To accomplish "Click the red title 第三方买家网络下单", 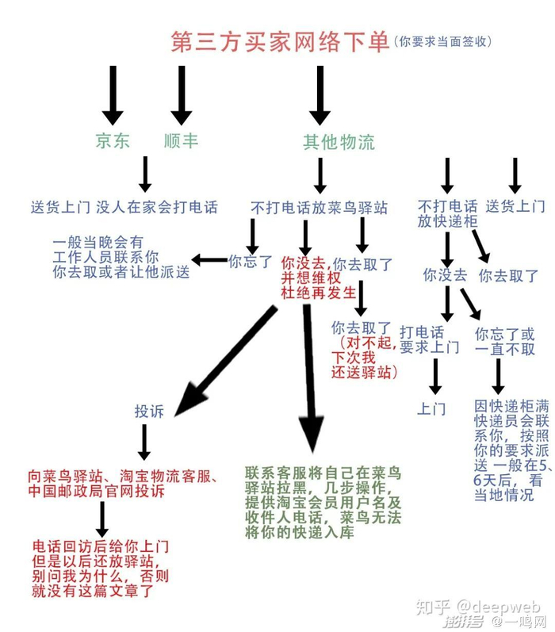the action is pos(281,41).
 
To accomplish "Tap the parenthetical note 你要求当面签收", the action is pos(442,41).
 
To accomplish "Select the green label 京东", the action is pos(113,140).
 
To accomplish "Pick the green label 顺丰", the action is pos(181,140).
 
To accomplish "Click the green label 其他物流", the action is pos(339,142).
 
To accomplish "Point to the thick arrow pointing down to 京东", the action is pos(113,95).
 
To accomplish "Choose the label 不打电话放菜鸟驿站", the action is pos(320,208).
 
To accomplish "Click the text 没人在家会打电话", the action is pos(157,207).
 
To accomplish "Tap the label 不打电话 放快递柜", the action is pos(447,213).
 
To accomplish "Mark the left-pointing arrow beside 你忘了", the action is pos(209,260).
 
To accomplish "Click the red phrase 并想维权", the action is pos(311,278).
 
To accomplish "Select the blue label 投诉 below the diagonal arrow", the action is pos(149,412).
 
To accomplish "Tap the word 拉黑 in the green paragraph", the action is pos(293,488).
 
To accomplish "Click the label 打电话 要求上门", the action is pos(430,339).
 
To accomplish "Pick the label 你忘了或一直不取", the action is pos(505,342).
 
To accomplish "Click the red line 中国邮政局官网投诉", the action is pos(97,492).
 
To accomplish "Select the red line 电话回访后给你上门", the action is pos(101,546).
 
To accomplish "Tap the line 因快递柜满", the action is pos(511,405).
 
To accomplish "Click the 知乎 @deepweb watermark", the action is pos(478,607).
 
